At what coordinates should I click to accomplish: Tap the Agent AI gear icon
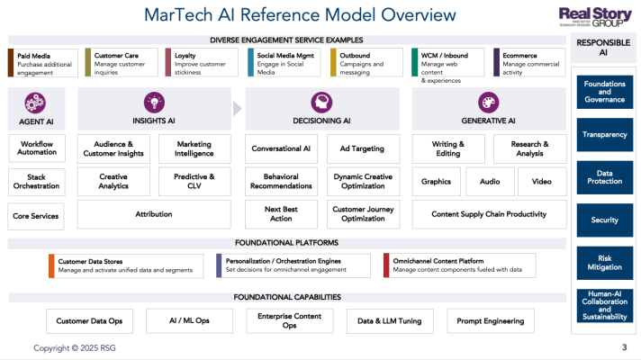tap(35, 102)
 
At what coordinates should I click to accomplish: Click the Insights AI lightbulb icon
tap(152, 102)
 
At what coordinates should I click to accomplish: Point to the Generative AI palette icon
tap(488, 102)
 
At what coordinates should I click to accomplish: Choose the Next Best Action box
tap(281, 214)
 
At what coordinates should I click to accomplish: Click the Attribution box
tap(153, 214)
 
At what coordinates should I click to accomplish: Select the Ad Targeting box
tap(362, 148)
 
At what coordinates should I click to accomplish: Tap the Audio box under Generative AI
tap(489, 181)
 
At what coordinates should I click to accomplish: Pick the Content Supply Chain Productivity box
tap(489, 214)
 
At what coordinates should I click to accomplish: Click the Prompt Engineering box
tap(489, 321)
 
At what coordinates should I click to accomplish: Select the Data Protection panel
tap(604, 177)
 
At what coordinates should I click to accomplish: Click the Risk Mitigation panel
tap(604, 262)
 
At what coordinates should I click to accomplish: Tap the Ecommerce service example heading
tap(520, 56)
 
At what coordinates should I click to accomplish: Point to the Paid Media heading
tap(35, 56)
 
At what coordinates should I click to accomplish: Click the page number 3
tap(624, 347)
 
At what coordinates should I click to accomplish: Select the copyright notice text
tap(75, 347)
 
